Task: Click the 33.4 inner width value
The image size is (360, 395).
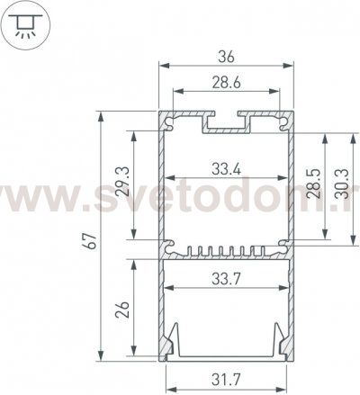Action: click(227, 166)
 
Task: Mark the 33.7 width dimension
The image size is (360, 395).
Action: click(227, 278)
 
